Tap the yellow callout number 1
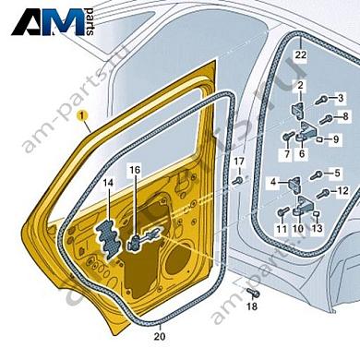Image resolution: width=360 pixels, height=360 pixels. click(81, 116)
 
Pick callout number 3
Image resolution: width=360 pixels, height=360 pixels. click(340, 98)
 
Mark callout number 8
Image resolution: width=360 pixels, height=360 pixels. click(345, 116)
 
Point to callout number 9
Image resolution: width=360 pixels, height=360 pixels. click(336, 139)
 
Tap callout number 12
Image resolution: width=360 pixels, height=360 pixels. click(342, 191)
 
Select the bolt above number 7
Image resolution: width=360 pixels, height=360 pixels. click(288, 138)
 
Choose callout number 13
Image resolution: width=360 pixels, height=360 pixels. click(317, 227)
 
